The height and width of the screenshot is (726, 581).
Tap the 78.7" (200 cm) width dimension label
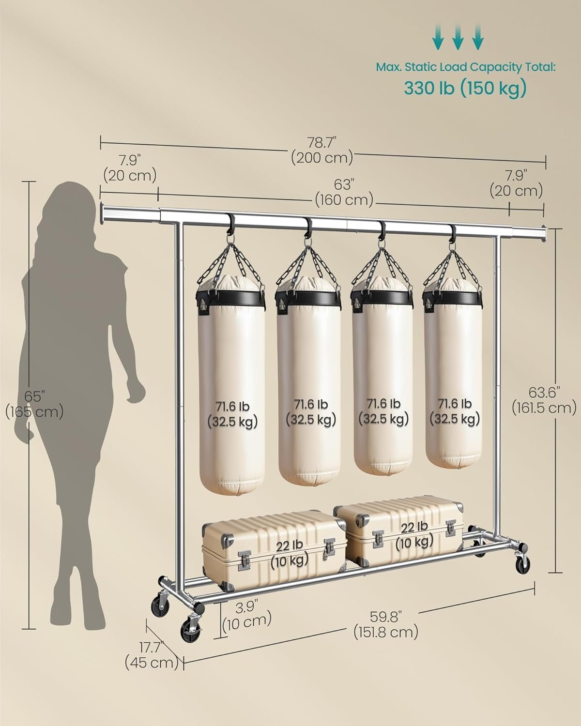point(321,150)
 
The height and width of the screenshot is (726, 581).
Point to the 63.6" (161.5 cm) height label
point(544,399)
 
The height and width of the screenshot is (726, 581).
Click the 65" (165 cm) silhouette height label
point(34,404)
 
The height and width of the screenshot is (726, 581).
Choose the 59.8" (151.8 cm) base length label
point(385,624)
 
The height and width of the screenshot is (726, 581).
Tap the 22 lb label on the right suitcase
point(414,534)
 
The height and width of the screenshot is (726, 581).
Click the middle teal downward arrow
point(458,39)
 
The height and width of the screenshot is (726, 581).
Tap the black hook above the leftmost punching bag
point(231,225)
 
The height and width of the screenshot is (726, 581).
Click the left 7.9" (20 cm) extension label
point(130,167)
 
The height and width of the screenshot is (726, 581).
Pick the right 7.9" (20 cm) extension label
point(516,183)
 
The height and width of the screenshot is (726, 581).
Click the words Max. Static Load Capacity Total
point(465,67)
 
